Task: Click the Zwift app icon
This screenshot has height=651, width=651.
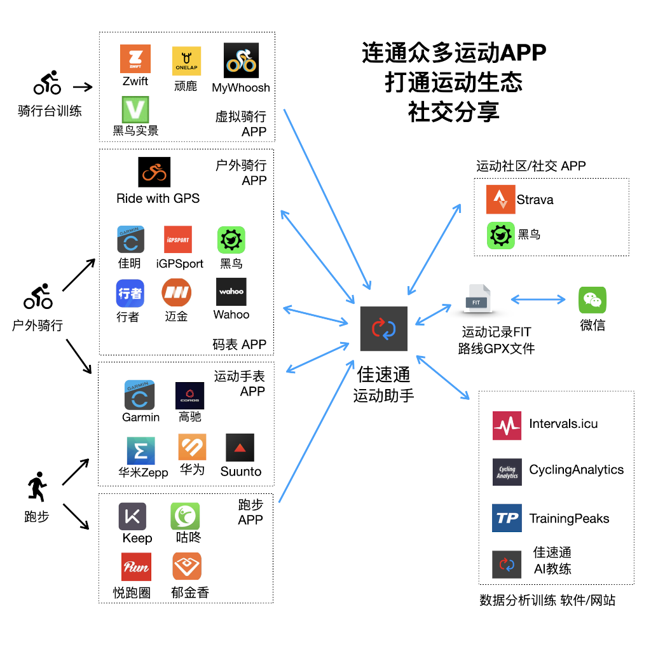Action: [x=135, y=58]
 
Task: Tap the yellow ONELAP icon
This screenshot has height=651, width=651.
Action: [x=186, y=61]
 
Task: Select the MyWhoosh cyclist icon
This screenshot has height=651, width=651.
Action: [x=241, y=60]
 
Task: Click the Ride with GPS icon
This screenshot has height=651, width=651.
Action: [x=154, y=172]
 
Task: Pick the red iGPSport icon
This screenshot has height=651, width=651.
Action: [x=177, y=240]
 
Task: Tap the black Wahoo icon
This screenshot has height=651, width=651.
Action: [x=231, y=292]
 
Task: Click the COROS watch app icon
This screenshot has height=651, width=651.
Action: [x=189, y=395]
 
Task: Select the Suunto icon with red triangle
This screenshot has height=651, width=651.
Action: [x=240, y=448]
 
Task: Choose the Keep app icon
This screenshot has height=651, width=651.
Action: [x=132, y=516]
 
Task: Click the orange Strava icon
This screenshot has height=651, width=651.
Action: [x=500, y=200]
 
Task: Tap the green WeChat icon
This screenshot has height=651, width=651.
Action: [x=592, y=300]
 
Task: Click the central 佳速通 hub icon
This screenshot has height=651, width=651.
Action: [x=383, y=328]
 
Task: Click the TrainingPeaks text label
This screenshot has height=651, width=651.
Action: [x=569, y=519]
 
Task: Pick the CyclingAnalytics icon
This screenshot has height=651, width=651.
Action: [x=507, y=472]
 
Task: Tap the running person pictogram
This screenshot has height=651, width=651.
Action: [x=36, y=486]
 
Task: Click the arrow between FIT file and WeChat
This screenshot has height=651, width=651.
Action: [x=538, y=299]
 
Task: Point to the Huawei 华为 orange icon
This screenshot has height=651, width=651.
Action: [x=192, y=447]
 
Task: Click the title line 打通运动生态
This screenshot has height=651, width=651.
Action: [x=453, y=83]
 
